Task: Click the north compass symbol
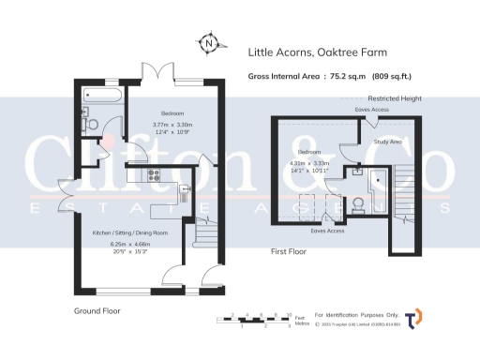(208, 42)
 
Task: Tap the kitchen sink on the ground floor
(185, 192)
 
